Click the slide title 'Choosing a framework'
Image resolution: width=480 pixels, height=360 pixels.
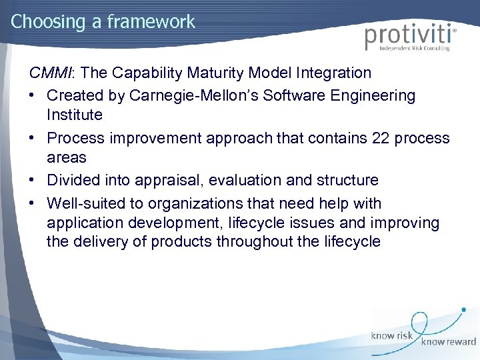tap(103, 21)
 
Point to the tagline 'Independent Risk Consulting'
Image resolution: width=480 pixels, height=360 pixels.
tap(415, 49)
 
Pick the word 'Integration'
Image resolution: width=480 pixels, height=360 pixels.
tap(331, 72)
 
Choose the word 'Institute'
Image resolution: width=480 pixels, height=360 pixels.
tap(75, 115)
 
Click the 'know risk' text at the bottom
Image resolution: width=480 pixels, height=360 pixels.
tap(393, 336)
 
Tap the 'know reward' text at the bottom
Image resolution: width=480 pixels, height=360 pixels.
tap(448, 342)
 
